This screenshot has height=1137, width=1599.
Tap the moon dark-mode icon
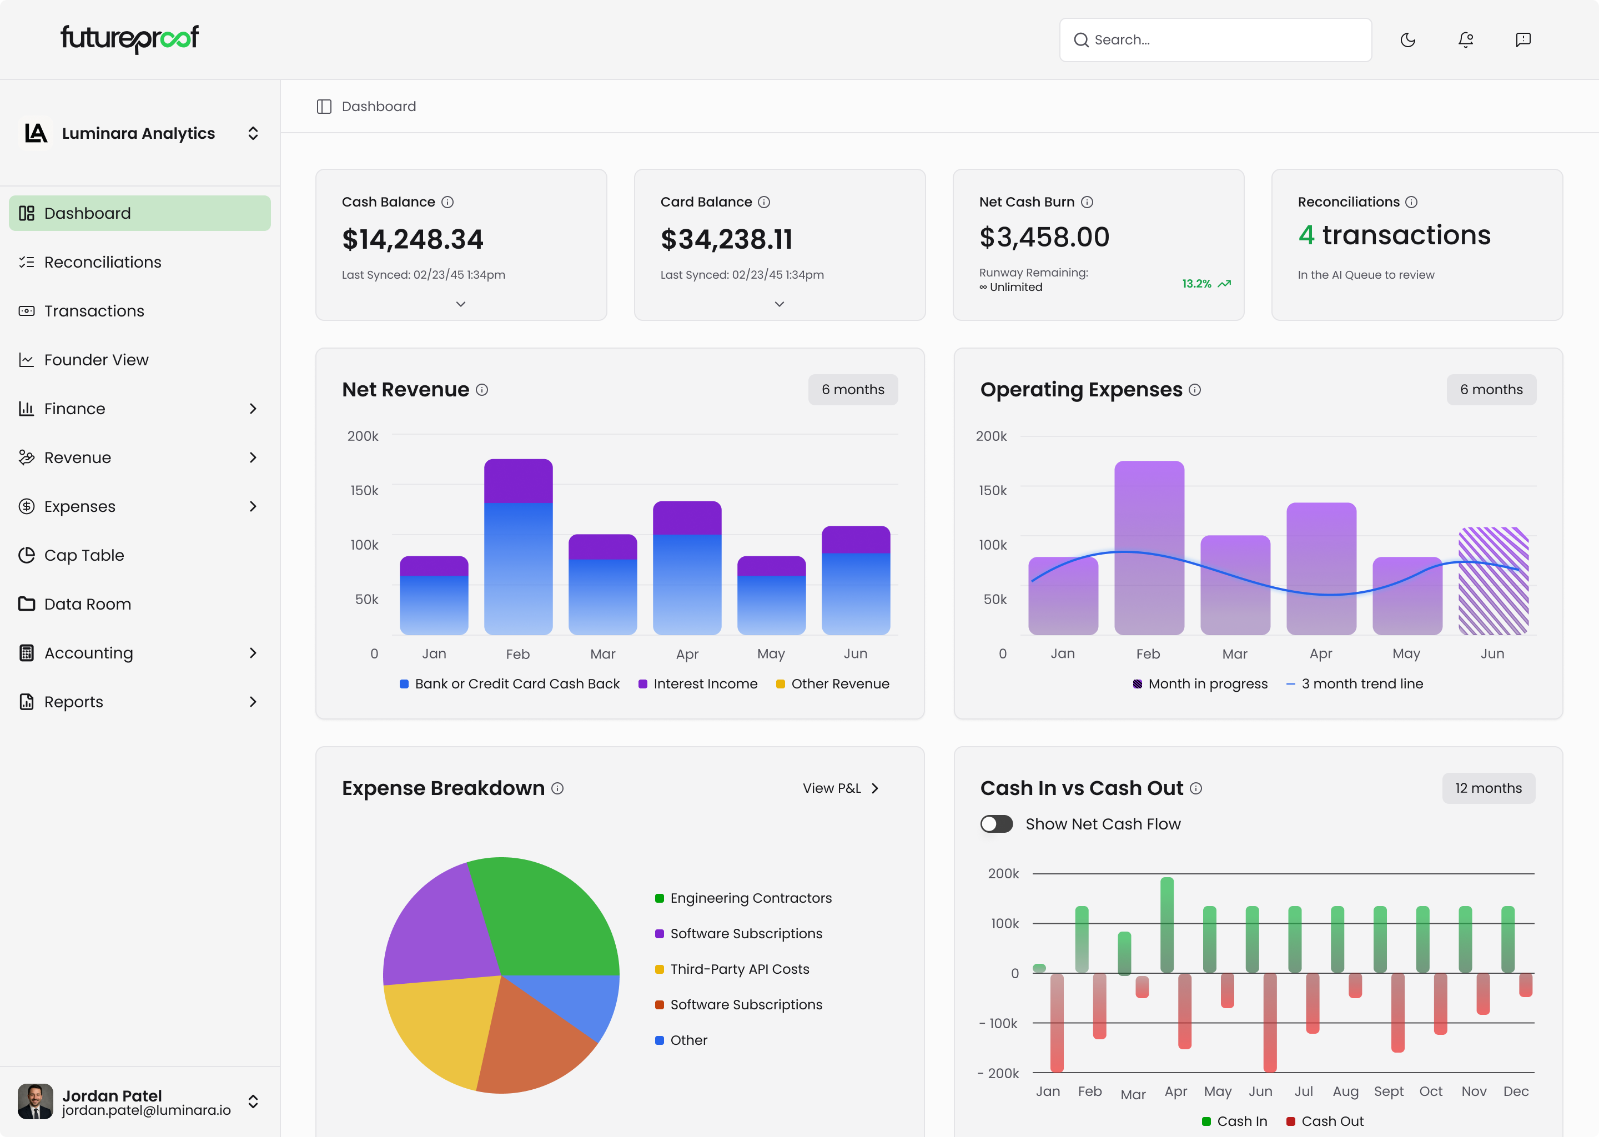(1407, 40)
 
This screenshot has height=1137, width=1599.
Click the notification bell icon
(1465, 40)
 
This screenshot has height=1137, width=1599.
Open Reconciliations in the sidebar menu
(102, 262)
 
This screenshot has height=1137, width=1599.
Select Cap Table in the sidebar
(84, 555)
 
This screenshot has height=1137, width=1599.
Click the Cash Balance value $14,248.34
(413, 239)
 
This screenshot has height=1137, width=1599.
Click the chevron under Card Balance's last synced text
(779, 304)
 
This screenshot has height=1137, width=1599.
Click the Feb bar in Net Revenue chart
(518, 546)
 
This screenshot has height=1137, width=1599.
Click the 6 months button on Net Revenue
(852, 389)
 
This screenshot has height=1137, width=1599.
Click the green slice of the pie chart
(546, 917)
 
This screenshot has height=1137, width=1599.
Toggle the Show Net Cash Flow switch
(996, 824)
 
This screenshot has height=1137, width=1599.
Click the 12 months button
(1488, 788)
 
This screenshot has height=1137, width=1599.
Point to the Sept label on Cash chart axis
(1388, 1091)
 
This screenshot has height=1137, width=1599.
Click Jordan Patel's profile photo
(35, 1101)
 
